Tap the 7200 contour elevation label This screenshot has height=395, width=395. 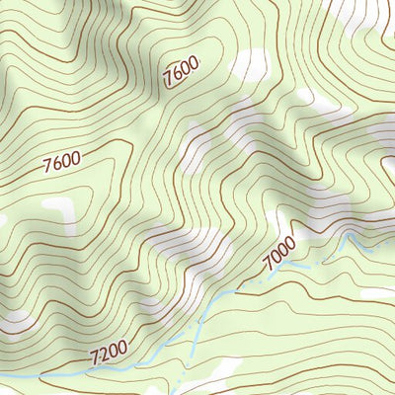[x=108, y=351]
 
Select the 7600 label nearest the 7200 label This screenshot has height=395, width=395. [x=61, y=161]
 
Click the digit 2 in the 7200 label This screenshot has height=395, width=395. [x=103, y=353]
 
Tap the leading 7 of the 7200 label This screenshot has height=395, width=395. [x=94, y=356]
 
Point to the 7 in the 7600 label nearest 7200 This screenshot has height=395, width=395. [x=47, y=167]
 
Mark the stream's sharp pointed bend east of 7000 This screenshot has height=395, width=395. [x=348, y=234]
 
